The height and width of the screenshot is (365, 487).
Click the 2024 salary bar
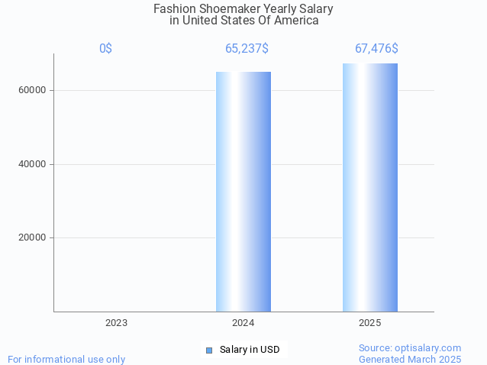[243, 191]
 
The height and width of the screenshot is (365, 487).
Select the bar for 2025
[370, 187]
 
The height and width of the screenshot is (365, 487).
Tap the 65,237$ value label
[247, 49]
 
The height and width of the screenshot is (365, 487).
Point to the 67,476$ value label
[376, 49]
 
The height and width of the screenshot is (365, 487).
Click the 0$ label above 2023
[105, 49]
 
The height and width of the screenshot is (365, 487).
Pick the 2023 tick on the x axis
[116, 323]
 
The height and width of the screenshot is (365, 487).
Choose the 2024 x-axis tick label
[243, 323]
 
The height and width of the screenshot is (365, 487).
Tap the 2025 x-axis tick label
[370, 323]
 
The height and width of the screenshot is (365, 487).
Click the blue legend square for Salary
[209, 350]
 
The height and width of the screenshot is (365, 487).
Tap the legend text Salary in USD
[250, 350]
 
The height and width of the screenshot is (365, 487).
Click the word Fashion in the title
[175, 9]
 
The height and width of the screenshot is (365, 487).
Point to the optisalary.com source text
[410, 347]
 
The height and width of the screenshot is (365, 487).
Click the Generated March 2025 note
[410, 359]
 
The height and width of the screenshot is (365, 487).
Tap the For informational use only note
[66, 359]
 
